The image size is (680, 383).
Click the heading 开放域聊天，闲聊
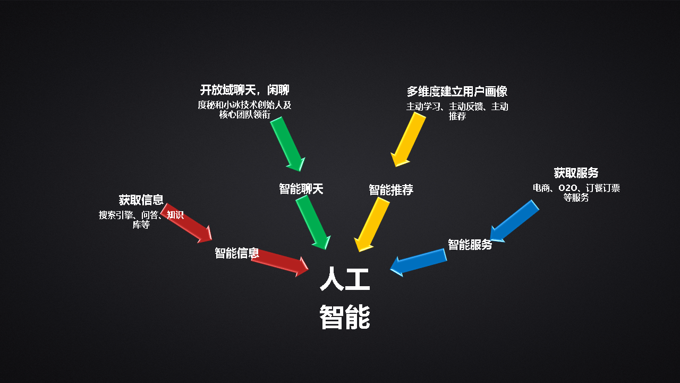245,90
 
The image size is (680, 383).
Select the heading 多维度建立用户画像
457,91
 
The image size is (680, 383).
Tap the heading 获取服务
576,173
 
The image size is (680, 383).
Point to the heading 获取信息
141,200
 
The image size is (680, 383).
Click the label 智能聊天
301,189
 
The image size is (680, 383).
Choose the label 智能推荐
391,190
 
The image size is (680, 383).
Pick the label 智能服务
470,244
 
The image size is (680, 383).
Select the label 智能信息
237,253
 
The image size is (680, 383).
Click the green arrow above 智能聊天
287,144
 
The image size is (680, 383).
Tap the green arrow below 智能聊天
313,222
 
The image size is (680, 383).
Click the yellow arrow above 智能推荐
408,139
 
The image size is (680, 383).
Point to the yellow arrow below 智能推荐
372,224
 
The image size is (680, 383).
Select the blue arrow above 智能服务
515,221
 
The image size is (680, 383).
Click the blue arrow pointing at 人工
418,263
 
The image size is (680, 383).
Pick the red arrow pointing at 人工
279,263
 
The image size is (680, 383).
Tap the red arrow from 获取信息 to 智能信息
186,223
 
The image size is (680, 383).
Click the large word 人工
345,279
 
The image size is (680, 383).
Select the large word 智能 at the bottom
345,317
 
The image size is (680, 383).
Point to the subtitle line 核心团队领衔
245,114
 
